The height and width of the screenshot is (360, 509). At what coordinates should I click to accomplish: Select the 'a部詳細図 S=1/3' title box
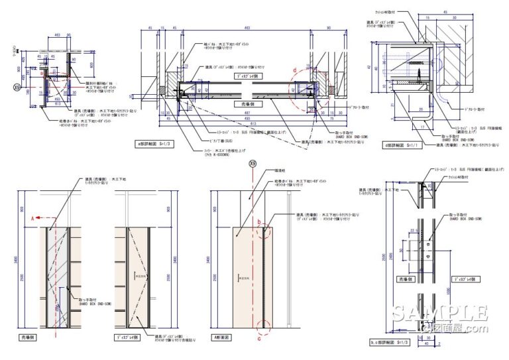[153, 143]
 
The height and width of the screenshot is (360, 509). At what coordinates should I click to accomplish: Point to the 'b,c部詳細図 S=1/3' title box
[388, 342]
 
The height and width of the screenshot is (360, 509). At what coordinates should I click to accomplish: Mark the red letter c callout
[259, 335]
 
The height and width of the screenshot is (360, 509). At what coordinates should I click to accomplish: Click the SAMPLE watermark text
[440, 314]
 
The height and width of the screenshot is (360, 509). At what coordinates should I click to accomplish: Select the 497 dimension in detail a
[247, 113]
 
